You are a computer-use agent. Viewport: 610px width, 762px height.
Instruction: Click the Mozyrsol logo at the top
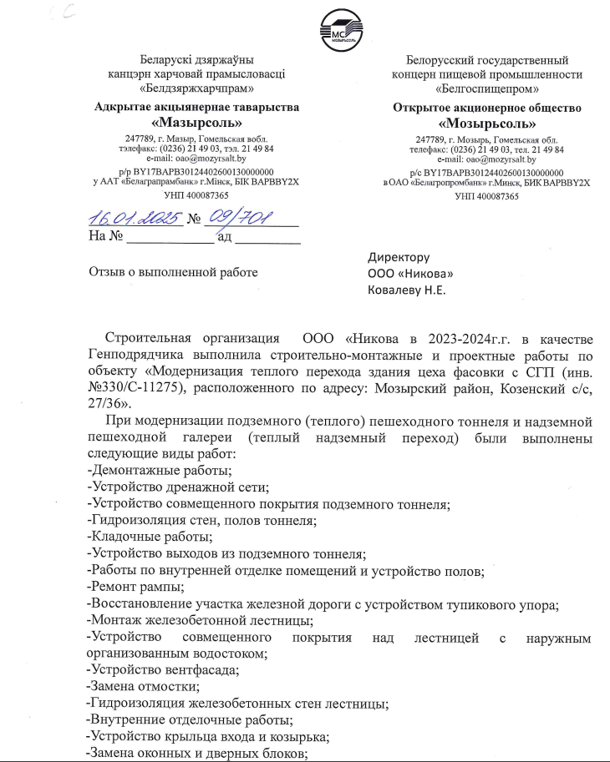click(339, 31)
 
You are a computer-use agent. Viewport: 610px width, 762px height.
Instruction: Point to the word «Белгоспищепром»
click(485, 87)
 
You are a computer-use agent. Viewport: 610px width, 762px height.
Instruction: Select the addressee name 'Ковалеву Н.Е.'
click(407, 290)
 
